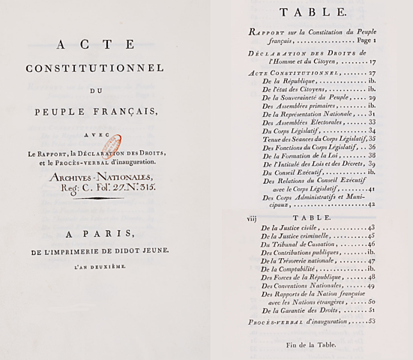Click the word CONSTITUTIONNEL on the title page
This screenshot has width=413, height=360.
click(x=95, y=68)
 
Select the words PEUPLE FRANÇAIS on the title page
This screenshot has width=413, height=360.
click(x=95, y=113)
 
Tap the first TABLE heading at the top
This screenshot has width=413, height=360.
click(x=313, y=12)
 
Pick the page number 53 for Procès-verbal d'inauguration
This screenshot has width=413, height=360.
click(x=370, y=322)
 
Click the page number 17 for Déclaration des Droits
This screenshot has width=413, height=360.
click(x=370, y=63)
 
